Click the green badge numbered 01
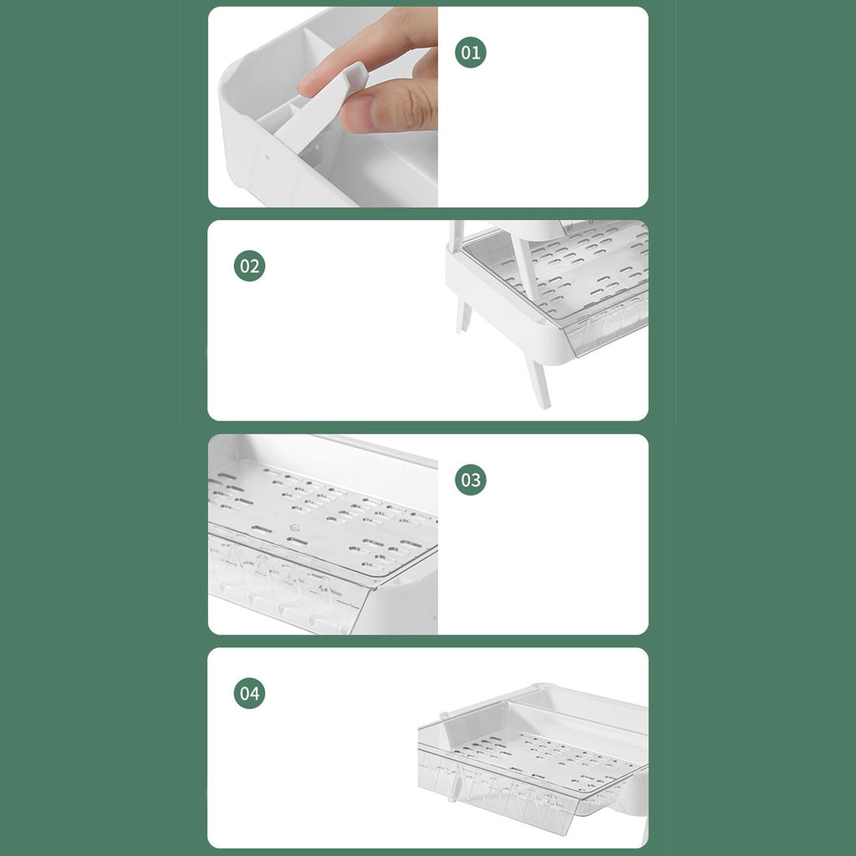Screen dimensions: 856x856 (x=470, y=53)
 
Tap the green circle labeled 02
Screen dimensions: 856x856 (x=249, y=266)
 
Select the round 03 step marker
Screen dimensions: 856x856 (x=470, y=480)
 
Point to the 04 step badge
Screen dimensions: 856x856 (x=249, y=693)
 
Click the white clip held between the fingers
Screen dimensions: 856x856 (x=322, y=104)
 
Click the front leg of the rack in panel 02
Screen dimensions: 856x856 (x=538, y=381)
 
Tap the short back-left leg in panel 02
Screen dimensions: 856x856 (x=463, y=317)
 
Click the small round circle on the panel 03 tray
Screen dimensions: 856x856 (x=295, y=528)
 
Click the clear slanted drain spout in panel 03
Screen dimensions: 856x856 (x=289, y=584)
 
